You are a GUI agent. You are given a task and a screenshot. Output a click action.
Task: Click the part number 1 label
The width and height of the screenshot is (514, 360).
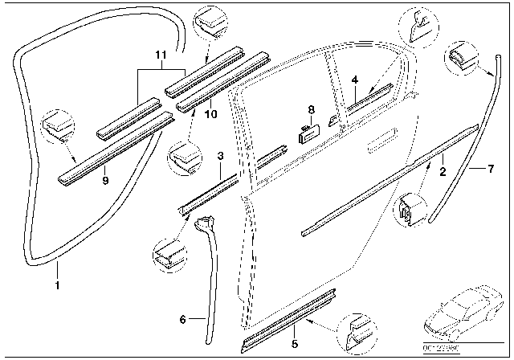(x=56, y=284)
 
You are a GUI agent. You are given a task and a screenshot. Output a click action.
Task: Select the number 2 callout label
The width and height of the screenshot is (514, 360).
(x=442, y=171)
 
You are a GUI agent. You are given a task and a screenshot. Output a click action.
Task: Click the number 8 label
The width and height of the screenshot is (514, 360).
(x=311, y=109)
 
